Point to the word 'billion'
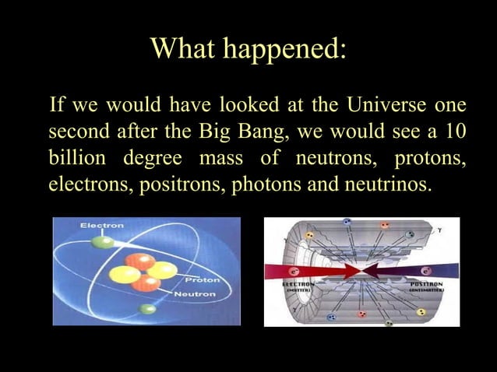coord(76,159)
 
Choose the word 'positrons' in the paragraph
coord(184,186)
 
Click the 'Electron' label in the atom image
coord(101,226)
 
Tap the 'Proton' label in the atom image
coord(202,278)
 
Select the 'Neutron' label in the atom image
coord(195,293)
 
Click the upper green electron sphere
coord(102,241)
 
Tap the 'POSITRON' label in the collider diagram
coord(426,285)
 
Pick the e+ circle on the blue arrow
coord(425,270)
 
